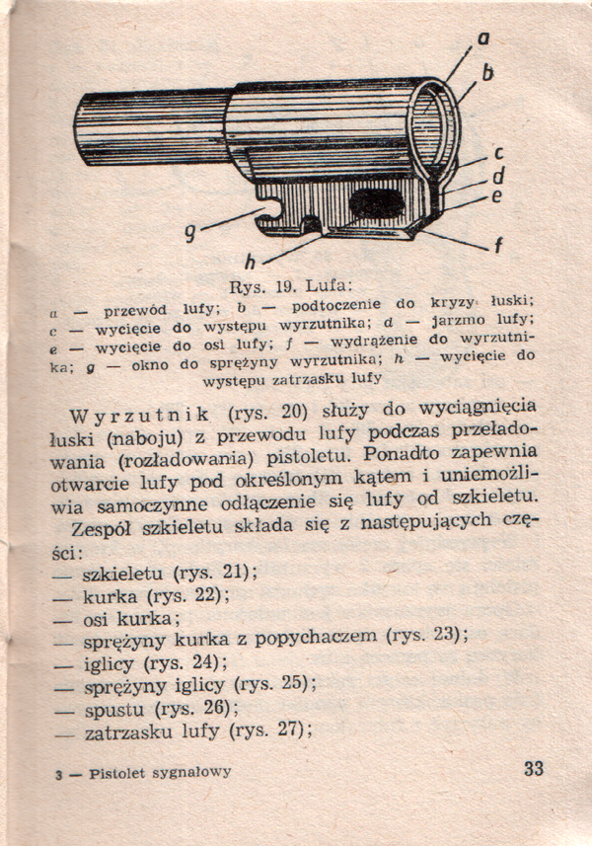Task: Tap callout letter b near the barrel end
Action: [487, 72]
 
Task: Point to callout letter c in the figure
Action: [498, 153]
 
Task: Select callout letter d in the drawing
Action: [498, 177]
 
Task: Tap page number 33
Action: [533, 768]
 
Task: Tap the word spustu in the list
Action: [111, 709]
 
